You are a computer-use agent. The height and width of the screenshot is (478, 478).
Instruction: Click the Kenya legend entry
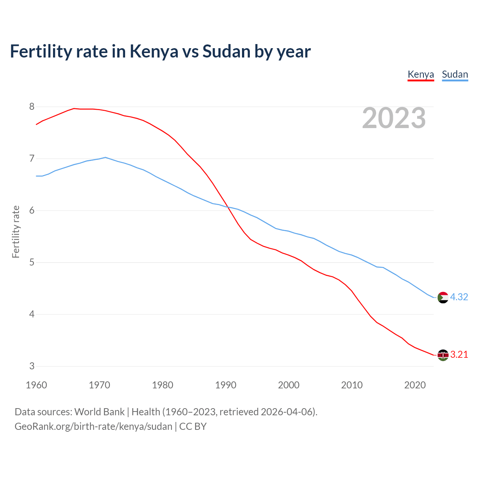(420, 74)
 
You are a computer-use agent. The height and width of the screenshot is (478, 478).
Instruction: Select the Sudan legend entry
(455, 74)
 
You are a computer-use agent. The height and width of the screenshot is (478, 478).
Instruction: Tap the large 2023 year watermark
(394, 118)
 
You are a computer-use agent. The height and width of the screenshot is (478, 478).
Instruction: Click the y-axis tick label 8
(32, 107)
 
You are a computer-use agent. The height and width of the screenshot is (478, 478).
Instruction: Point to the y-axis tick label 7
(32, 159)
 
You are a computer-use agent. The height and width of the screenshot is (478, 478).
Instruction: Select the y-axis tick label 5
(32, 263)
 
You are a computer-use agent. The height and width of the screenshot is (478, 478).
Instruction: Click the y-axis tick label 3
(32, 366)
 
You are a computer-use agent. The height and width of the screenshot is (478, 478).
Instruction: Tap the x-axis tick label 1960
(36, 385)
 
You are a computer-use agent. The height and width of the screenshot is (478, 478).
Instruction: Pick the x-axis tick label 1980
(162, 385)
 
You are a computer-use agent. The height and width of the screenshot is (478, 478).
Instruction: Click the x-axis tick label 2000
(289, 385)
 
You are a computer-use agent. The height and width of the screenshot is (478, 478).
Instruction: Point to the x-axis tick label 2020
(415, 385)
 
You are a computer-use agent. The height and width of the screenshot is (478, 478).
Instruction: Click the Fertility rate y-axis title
(16, 232)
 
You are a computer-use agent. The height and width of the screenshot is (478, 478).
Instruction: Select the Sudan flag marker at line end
(443, 298)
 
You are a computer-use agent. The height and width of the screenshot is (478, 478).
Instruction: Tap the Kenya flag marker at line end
(443, 355)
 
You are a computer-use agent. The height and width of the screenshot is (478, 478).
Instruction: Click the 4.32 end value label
(459, 297)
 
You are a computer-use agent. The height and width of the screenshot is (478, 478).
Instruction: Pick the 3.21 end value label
(459, 355)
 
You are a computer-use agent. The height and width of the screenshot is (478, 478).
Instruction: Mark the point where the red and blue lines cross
(227, 207)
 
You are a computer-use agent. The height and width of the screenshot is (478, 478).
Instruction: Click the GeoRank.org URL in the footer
(93, 426)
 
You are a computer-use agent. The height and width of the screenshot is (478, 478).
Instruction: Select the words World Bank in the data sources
(99, 412)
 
